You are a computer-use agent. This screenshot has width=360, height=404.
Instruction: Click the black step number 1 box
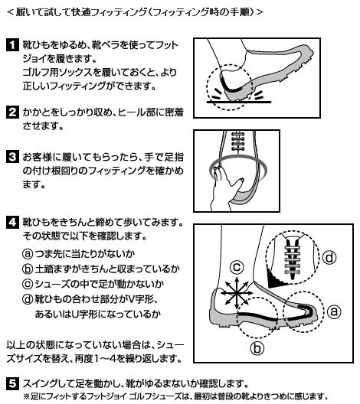coord(12,45)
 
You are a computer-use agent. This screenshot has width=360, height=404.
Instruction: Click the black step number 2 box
coord(12,112)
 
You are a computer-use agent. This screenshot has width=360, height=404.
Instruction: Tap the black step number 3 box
coord(12,157)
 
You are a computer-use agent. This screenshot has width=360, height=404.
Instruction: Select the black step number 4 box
coord(12,222)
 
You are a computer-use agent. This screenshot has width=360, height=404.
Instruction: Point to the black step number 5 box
coord(12,383)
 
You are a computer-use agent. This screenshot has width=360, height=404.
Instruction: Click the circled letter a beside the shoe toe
coord(334,311)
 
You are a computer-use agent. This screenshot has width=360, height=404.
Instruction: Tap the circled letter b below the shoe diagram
coord(257,348)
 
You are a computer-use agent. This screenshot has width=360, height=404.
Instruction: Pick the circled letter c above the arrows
coord(237,267)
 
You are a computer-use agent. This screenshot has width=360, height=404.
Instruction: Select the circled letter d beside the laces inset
coord(329,257)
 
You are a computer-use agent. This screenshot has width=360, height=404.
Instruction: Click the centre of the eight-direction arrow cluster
coord(237,293)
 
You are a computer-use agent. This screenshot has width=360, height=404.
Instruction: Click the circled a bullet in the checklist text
coord(28,254)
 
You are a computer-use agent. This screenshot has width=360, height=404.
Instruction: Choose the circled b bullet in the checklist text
coord(28,269)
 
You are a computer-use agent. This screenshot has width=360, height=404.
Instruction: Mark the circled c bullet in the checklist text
coord(28,284)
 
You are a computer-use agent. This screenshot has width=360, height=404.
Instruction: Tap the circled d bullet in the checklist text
coord(28,299)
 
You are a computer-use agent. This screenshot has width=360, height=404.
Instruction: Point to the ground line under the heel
coord(239,103)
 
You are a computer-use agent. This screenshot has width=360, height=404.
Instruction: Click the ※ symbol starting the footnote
coord(27,396)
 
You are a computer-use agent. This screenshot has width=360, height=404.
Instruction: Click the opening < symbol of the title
coord(10,12)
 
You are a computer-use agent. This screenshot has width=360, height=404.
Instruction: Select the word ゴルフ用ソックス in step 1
coord(57,73)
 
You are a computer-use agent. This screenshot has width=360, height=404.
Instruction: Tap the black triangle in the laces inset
coord(277,279)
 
